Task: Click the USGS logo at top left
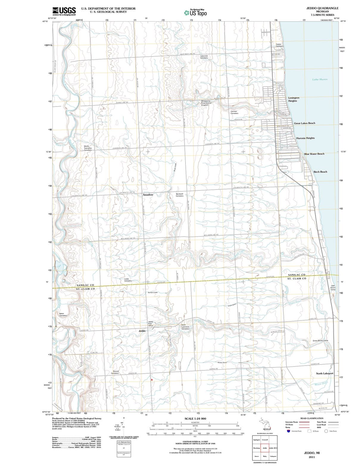click(64, 11)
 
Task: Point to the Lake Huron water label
click(320, 79)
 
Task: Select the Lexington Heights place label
click(294, 99)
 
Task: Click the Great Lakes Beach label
click(304, 123)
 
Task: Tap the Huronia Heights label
click(305, 138)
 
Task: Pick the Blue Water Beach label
click(314, 154)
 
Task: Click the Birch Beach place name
click(320, 172)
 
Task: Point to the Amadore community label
click(148, 195)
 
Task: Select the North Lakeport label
click(325, 373)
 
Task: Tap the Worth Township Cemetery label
click(88, 148)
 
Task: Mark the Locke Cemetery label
click(128, 280)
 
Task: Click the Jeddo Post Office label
click(151, 324)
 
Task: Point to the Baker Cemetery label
click(63, 314)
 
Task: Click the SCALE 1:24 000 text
click(195, 419)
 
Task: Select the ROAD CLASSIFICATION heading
click(312, 418)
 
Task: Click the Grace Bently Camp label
click(320, 340)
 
